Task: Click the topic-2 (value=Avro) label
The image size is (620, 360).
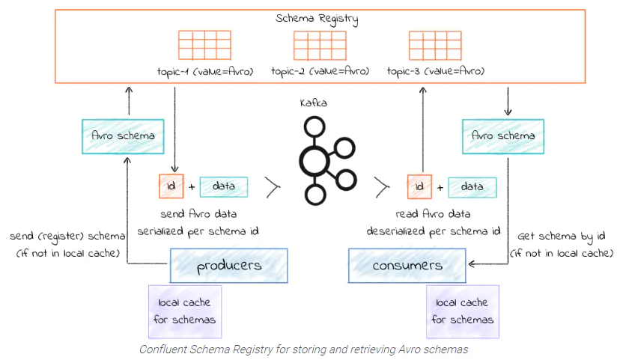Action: tap(320, 71)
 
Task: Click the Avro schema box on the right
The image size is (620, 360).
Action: tap(503, 135)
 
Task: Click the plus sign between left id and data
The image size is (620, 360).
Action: tap(191, 186)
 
